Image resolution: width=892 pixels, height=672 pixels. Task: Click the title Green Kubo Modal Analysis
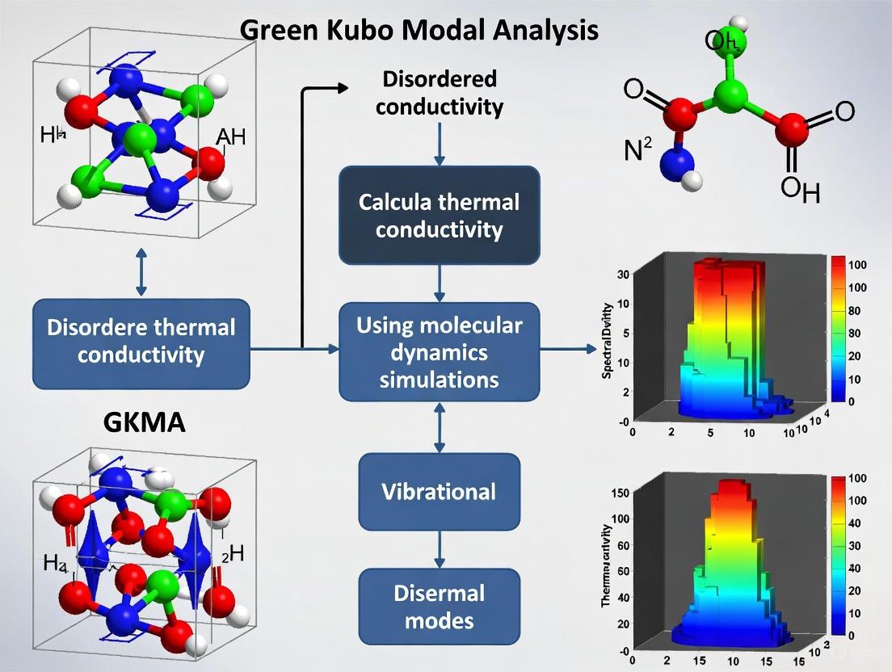click(x=419, y=30)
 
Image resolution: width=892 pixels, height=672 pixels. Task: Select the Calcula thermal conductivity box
click(x=439, y=216)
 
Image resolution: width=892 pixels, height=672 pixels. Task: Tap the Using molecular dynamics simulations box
click(x=439, y=352)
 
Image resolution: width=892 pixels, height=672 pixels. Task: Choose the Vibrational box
click(x=439, y=491)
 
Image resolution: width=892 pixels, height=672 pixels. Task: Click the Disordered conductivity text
click(x=439, y=93)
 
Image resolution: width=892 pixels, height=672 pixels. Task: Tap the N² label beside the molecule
click(x=638, y=150)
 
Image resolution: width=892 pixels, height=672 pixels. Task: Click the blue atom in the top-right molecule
click(x=677, y=166)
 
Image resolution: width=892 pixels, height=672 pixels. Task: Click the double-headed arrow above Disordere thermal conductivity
click(x=142, y=272)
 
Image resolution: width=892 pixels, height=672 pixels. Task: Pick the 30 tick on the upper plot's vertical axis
click(x=622, y=275)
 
